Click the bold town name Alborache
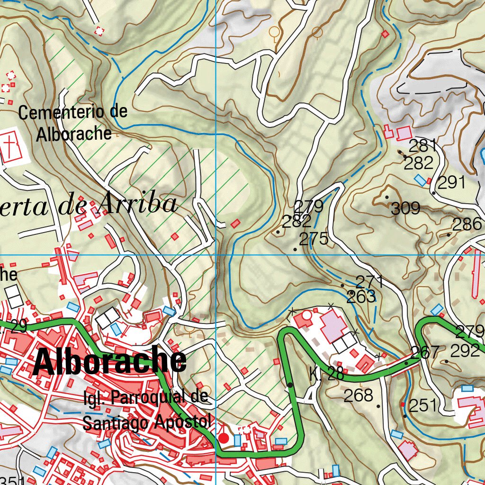(x=110, y=362)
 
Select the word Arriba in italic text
(x=139, y=204)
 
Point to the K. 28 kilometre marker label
(x=326, y=374)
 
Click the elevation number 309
(x=406, y=208)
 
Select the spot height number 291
(x=451, y=183)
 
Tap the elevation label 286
(x=467, y=224)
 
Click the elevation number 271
(x=369, y=282)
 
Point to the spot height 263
(x=360, y=297)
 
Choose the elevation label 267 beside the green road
(x=425, y=352)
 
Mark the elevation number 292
(x=465, y=351)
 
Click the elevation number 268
(x=358, y=395)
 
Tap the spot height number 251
(x=422, y=405)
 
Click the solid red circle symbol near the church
(x=223, y=439)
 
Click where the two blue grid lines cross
(x=216, y=255)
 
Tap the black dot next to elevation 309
(x=387, y=197)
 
